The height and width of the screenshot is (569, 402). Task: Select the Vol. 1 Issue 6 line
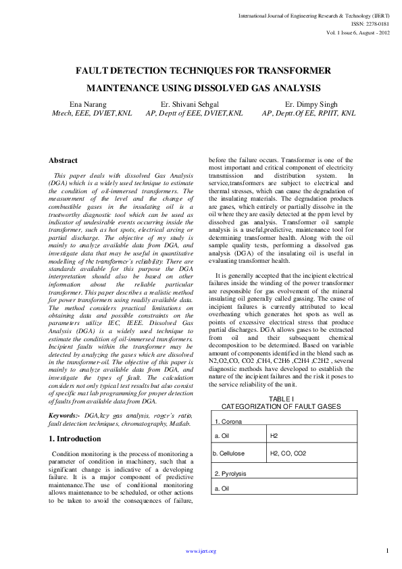pyautogui.click(x=358, y=32)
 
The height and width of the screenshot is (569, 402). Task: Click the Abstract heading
pyautogui.click(x=63, y=161)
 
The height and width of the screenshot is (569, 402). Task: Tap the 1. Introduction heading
pyautogui.click(x=74, y=439)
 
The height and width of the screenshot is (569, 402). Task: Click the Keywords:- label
pyautogui.click(x=62, y=414)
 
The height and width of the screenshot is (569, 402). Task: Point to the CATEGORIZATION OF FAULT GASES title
pyautogui.click(x=281, y=406)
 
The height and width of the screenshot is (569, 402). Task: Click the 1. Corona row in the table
pyautogui.click(x=230, y=422)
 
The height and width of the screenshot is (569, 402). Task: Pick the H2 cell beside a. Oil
pyautogui.click(x=274, y=437)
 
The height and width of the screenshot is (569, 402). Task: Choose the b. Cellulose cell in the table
pyautogui.click(x=228, y=453)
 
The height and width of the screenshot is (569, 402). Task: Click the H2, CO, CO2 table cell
pyautogui.click(x=288, y=453)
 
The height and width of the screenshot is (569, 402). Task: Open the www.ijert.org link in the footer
pyautogui.click(x=201, y=551)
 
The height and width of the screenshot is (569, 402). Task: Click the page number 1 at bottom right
pyautogui.click(x=387, y=551)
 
